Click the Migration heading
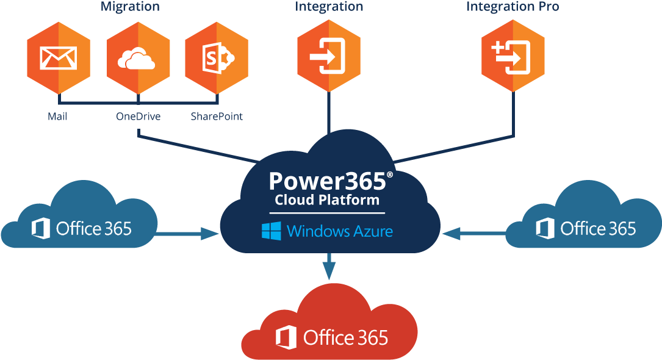[x=130, y=7]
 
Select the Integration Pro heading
[x=513, y=7]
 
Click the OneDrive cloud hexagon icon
[x=138, y=57]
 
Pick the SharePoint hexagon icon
[x=217, y=57]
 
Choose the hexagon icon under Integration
[x=329, y=56]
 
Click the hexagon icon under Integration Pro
[x=513, y=56]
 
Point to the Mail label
[x=57, y=116]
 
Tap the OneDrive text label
[x=139, y=116]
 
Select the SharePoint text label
[x=217, y=116]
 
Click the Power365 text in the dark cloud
[x=327, y=180]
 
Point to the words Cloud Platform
[x=327, y=200]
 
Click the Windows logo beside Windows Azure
[x=271, y=231]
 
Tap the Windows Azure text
[x=340, y=231]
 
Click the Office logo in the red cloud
[x=286, y=337]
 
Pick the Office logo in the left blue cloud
[x=41, y=229]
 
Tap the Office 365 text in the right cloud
[x=598, y=229]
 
